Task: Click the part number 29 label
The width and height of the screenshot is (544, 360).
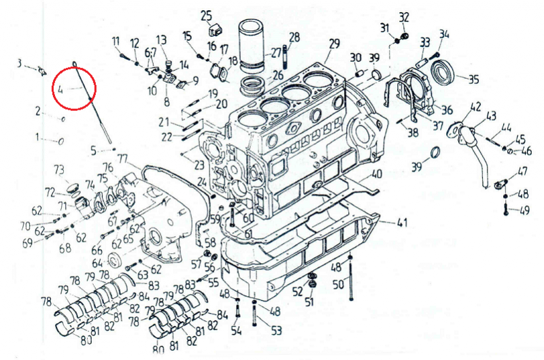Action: pyautogui.click(x=333, y=44)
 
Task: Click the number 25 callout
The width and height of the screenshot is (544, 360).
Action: pyautogui.click(x=206, y=15)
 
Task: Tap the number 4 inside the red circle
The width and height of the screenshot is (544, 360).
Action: pyautogui.click(x=60, y=88)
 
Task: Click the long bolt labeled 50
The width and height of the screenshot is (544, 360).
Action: pyautogui.click(x=350, y=279)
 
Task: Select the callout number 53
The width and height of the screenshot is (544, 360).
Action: pyautogui.click(x=276, y=331)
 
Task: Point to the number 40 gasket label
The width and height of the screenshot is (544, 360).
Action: pyautogui.click(x=377, y=174)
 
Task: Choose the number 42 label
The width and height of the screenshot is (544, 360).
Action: pyautogui.click(x=475, y=106)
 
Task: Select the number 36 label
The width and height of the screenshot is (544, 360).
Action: pyautogui.click(x=447, y=110)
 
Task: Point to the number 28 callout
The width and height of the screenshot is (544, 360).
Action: pyautogui.click(x=294, y=37)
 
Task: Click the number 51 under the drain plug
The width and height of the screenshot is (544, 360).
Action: pyautogui.click(x=309, y=301)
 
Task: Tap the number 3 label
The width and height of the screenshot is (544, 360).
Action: pyautogui.click(x=20, y=63)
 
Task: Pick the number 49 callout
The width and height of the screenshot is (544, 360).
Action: pyautogui.click(x=524, y=210)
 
